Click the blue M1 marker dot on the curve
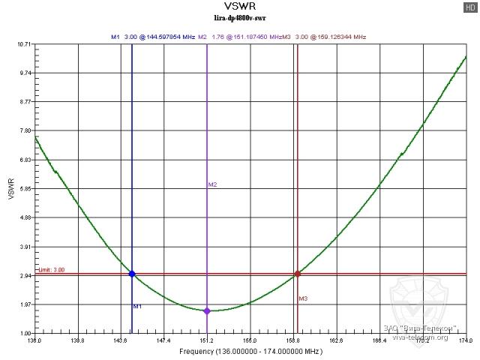pyautogui.click(x=132, y=274)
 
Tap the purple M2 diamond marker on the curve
pyautogui.click(x=207, y=310)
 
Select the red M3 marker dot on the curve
pyautogui.click(x=298, y=274)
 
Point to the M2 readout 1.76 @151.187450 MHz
pyautogui.click(x=239, y=36)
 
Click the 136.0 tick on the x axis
pyautogui.click(x=34, y=340)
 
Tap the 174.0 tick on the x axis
pyautogui.click(x=466, y=340)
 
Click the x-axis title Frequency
pyautogui.click(x=250, y=351)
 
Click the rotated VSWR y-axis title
pyautogui.click(x=10, y=189)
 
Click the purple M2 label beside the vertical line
pyautogui.click(x=212, y=184)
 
